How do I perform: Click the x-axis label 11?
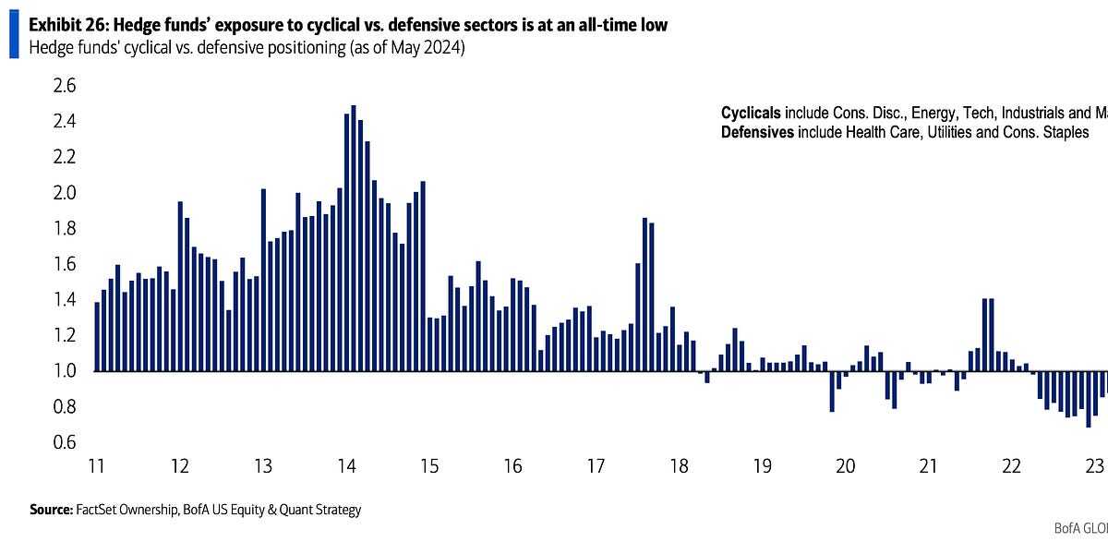tap(95, 465)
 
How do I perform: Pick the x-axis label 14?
tap(345, 465)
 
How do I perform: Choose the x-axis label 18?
tap(679, 465)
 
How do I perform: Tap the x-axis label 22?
tap(1011, 465)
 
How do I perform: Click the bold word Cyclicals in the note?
tap(752, 113)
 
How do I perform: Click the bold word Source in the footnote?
tap(51, 509)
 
